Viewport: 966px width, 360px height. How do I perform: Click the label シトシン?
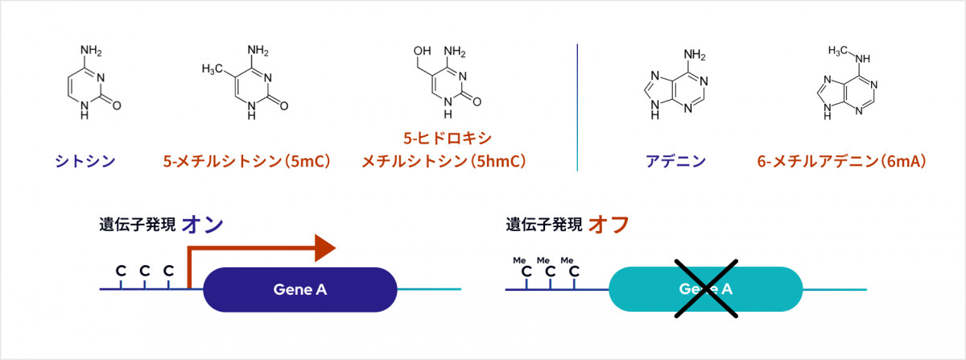click(85, 162)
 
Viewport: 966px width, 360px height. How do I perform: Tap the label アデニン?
click(675, 162)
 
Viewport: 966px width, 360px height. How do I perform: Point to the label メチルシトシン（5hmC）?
click(444, 162)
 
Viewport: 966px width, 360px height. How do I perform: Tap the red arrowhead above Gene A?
click(324, 248)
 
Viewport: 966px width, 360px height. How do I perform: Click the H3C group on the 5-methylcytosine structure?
click(212, 69)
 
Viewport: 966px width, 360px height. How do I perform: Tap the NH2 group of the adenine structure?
click(694, 56)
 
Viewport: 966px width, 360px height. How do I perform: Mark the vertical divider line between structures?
click(577, 106)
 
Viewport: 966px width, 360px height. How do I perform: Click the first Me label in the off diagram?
click(520, 260)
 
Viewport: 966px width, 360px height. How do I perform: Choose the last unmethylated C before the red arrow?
click(168, 271)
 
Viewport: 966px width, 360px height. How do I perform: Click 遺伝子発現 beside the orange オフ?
click(543, 225)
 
